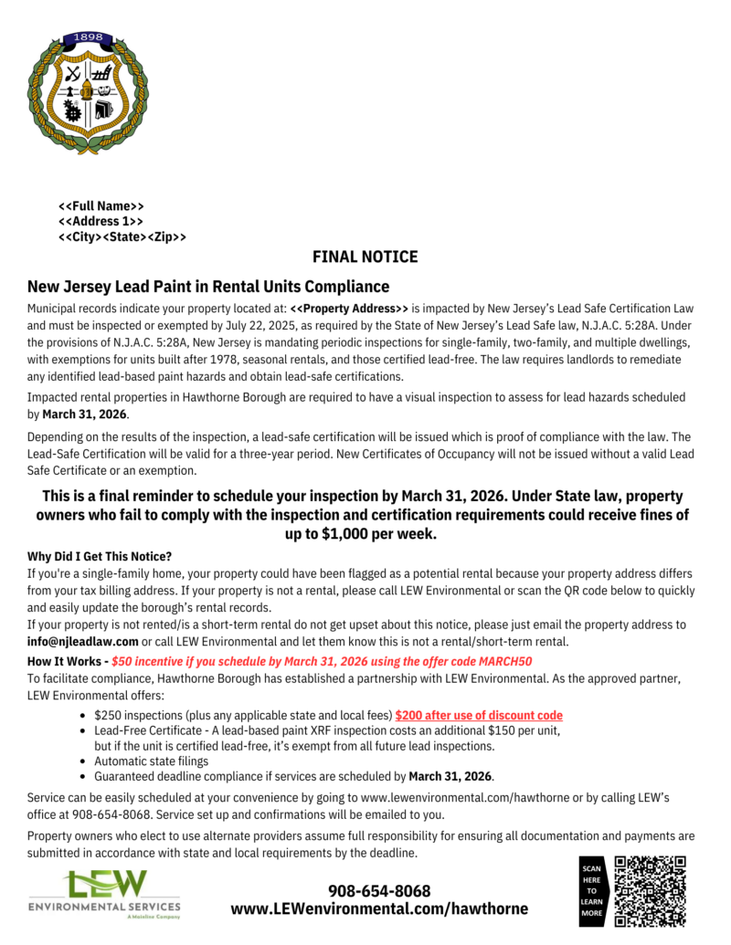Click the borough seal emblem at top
coord(87,91)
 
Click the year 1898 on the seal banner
coord(88,37)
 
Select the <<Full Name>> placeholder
coord(101,205)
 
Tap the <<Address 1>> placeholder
coord(101,221)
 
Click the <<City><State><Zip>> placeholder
coord(122,236)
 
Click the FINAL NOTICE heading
coord(365,257)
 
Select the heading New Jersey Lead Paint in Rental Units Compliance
coord(208,287)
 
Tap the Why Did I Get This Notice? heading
coord(100,556)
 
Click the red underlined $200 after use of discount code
coord(479,715)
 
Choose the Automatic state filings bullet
coord(151,761)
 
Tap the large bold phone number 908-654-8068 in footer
coord(379,890)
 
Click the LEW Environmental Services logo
coord(104,894)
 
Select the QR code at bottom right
coord(650,890)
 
